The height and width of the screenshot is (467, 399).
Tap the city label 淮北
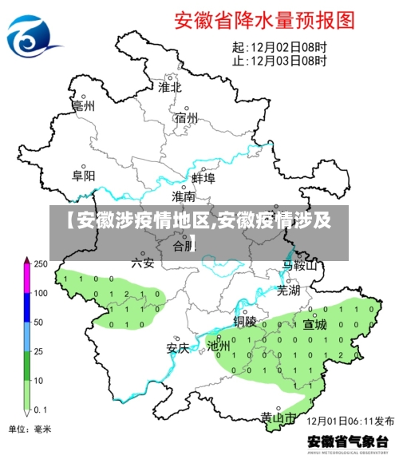169,87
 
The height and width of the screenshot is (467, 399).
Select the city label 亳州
83,105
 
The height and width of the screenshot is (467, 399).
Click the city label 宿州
186,118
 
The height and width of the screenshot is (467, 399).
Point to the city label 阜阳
83,175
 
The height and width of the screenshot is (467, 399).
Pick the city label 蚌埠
203,178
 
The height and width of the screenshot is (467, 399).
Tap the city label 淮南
184,196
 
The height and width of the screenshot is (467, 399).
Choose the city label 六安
143,261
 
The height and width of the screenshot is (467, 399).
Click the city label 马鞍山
300,265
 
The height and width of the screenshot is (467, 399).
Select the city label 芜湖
288,291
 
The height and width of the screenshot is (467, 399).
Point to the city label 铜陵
245,322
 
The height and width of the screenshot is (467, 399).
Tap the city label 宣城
314,324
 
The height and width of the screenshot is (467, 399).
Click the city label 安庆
177,348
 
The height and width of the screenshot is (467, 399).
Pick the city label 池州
219,346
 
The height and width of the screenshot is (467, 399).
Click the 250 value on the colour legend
40,264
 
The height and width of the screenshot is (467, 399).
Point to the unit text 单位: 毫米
30,429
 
